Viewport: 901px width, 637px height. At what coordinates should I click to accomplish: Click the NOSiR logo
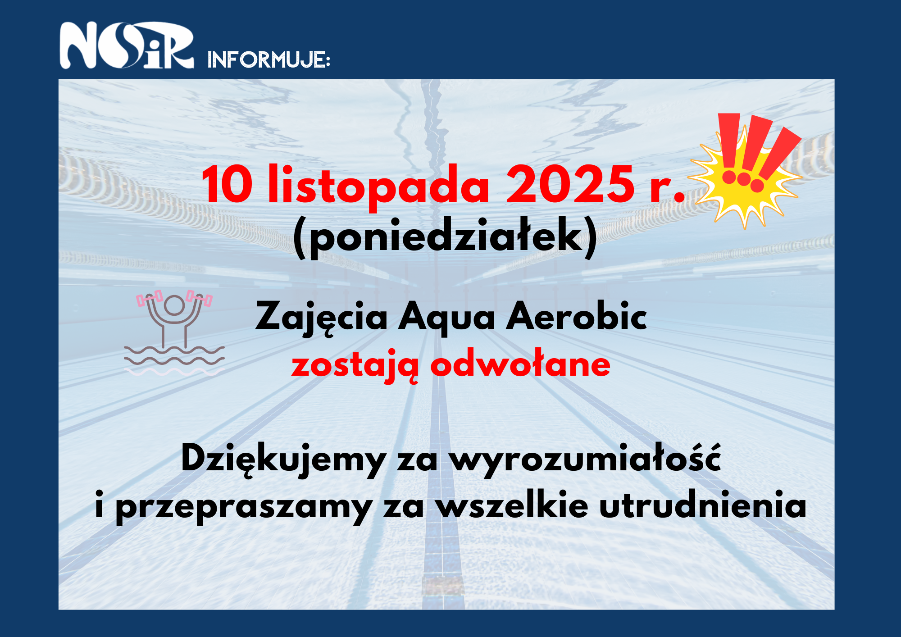(127, 45)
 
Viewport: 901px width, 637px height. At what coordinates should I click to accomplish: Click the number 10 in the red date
(227, 184)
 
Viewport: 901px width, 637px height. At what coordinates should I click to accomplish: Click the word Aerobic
(577, 315)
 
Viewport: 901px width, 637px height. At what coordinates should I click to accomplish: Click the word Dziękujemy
(283, 459)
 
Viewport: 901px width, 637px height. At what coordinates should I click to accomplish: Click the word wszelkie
(512, 505)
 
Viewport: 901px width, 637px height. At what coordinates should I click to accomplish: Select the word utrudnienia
(703, 505)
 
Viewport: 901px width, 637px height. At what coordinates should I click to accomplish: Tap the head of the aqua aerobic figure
(174, 305)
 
